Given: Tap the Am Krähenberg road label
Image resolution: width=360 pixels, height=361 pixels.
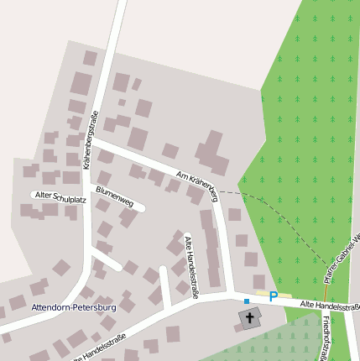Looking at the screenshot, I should [198, 186].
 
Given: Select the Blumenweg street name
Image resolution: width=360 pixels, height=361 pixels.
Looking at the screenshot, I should [115, 196].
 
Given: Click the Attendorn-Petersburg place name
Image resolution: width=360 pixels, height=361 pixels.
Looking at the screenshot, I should [73, 308].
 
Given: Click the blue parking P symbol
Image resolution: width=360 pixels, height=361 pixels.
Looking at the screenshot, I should [273, 296].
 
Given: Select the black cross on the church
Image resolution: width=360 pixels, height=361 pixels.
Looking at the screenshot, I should [249, 318].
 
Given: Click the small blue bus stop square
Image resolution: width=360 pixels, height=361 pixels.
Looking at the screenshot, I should [247, 301].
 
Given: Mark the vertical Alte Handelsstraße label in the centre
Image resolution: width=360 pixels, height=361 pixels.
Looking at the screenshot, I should [192, 267].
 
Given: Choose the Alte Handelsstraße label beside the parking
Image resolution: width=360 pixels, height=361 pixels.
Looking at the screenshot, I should [329, 306].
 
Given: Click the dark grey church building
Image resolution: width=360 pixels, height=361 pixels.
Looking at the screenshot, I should [249, 318].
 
